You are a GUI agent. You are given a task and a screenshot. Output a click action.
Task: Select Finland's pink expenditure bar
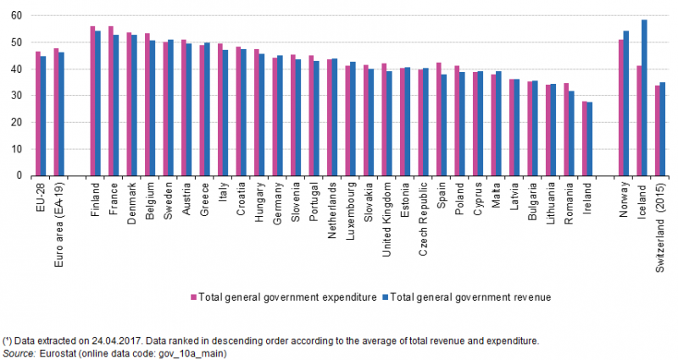(92, 101)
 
